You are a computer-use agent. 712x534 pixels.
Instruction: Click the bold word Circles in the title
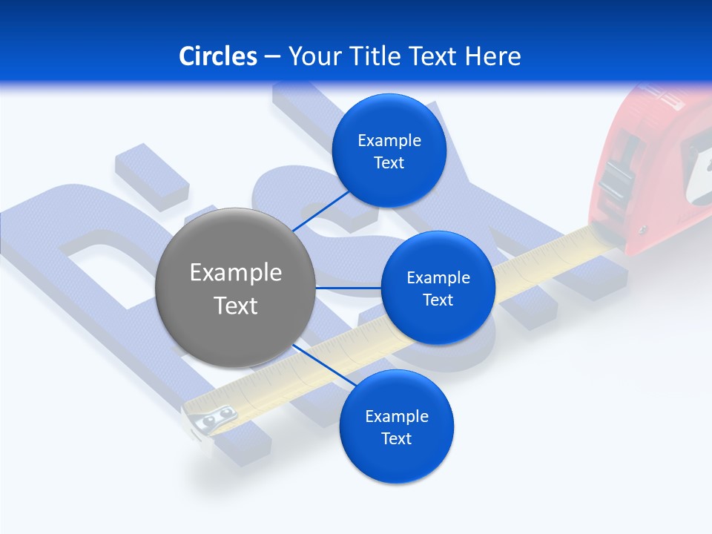pyautogui.click(x=218, y=56)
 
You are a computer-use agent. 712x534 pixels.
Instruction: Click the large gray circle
pyautogui.click(x=235, y=288)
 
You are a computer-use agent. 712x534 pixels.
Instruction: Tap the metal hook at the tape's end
pyautogui.click(x=210, y=421)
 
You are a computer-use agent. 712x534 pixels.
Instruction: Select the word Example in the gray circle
pyautogui.click(x=236, y=273)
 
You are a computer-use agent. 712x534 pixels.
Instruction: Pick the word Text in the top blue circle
pyautogui.click(x=389, y=163)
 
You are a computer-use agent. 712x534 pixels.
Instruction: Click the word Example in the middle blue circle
pyautogui.click(x=438, y=278)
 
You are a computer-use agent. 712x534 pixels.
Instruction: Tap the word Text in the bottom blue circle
pyautogui.click(x=396, y=438)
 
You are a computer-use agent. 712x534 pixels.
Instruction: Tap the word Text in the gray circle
pyautogui.click(x=236, y=306)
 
